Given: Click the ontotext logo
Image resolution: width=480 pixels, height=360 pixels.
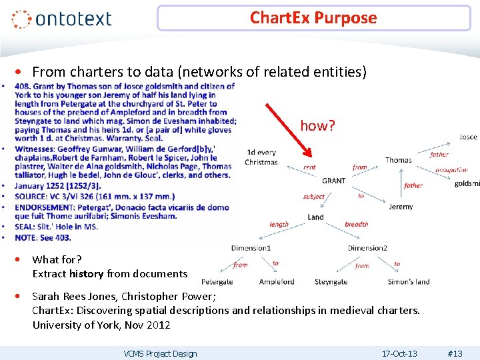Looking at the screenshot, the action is (61, 19).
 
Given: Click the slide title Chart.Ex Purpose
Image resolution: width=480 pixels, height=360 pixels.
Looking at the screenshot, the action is (313, 18).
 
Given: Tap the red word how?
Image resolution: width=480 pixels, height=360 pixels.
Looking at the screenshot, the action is (317, 125).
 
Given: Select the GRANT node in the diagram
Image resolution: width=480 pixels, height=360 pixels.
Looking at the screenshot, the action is (333, 181).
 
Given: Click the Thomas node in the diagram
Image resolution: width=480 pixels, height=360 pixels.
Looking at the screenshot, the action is (399, 160).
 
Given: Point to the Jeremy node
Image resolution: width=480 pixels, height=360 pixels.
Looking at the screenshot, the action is (401, 207).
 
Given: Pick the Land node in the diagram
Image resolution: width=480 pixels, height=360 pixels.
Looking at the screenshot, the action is (316, 217).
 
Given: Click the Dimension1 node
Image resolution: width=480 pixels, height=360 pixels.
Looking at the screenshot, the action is (251, 248).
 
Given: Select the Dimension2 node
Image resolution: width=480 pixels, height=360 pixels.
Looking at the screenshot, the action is (367, 248).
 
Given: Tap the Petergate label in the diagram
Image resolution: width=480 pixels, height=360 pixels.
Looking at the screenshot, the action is (217, 282).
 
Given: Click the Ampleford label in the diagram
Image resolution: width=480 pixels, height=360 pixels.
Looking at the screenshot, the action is (277, 282).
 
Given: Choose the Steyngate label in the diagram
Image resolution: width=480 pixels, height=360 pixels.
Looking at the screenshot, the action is (331, 282).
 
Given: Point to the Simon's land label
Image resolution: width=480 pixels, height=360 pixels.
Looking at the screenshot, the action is (409, 282).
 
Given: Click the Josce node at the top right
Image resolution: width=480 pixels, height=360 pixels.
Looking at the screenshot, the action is (468, 137).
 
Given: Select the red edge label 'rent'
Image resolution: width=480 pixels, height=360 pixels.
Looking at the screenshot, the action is (309, 167).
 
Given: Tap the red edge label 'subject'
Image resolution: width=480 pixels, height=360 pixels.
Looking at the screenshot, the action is (313, 197).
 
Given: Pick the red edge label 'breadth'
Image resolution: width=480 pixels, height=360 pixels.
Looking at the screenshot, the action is (356, 225).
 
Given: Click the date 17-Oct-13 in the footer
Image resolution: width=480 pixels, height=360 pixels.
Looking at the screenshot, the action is (399, 353).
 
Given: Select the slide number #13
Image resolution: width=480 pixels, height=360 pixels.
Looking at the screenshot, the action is (455, 353).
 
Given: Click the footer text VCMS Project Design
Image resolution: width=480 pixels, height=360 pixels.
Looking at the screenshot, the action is (160, 353).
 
